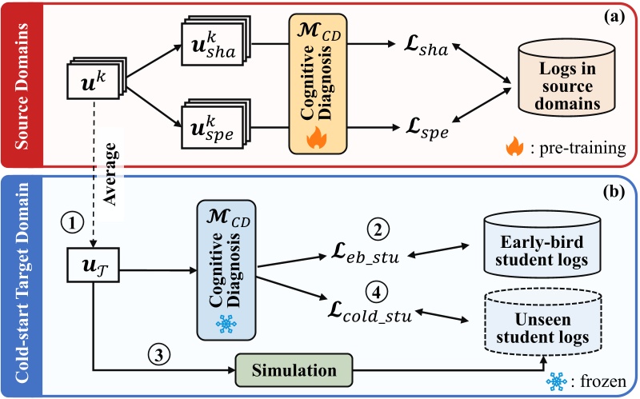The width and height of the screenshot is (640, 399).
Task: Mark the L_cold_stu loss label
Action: tap(369, 314)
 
